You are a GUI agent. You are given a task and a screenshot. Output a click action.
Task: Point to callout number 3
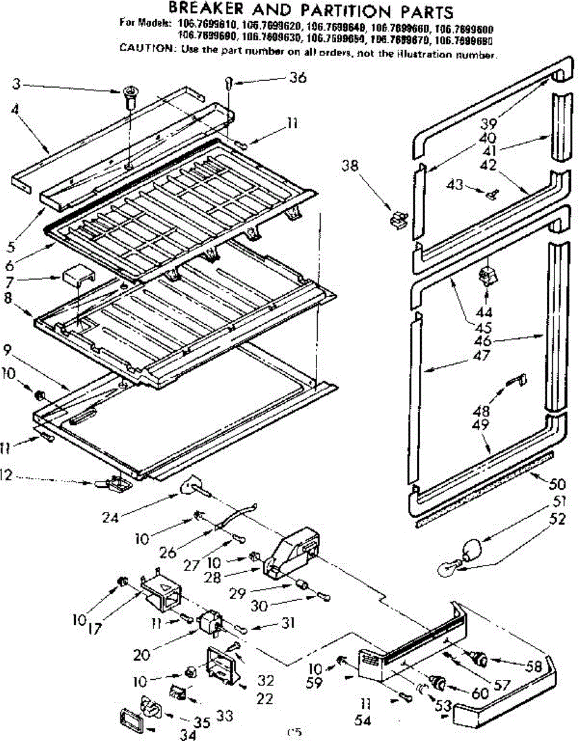(17, 83)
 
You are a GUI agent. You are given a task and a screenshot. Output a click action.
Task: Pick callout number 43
(454, 185)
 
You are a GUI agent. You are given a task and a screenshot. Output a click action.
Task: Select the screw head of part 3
(130, 93)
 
